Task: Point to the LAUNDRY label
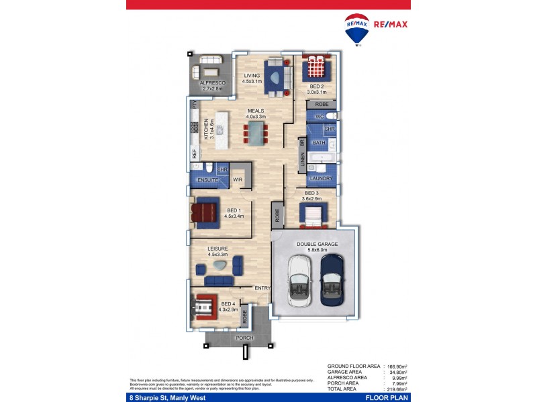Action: point(322,179)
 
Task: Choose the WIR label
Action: point(237,180)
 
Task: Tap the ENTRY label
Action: point(262,289)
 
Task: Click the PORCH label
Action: point(244,338)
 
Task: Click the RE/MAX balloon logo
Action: point(356,29)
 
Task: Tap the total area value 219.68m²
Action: point(397,389)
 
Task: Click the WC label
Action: point(320,117)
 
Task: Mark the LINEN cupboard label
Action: point(303,160)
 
